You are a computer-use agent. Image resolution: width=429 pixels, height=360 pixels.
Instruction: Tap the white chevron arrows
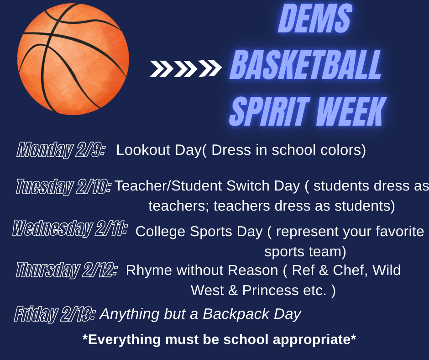coord(185,69)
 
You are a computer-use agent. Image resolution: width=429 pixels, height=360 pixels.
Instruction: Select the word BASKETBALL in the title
coord(306,66)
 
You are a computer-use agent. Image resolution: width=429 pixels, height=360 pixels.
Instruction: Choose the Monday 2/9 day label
coord(61,150)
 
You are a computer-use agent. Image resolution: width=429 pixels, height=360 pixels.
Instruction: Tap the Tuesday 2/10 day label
coord(63,186)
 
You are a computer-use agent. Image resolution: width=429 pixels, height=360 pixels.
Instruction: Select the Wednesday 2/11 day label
coord(69,228)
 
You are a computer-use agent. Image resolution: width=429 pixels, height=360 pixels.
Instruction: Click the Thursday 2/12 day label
coord(67,270)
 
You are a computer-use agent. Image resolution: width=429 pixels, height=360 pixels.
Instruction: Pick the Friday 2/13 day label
coord(55,314)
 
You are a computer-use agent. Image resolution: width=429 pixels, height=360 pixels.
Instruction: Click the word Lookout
coord(143,150)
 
